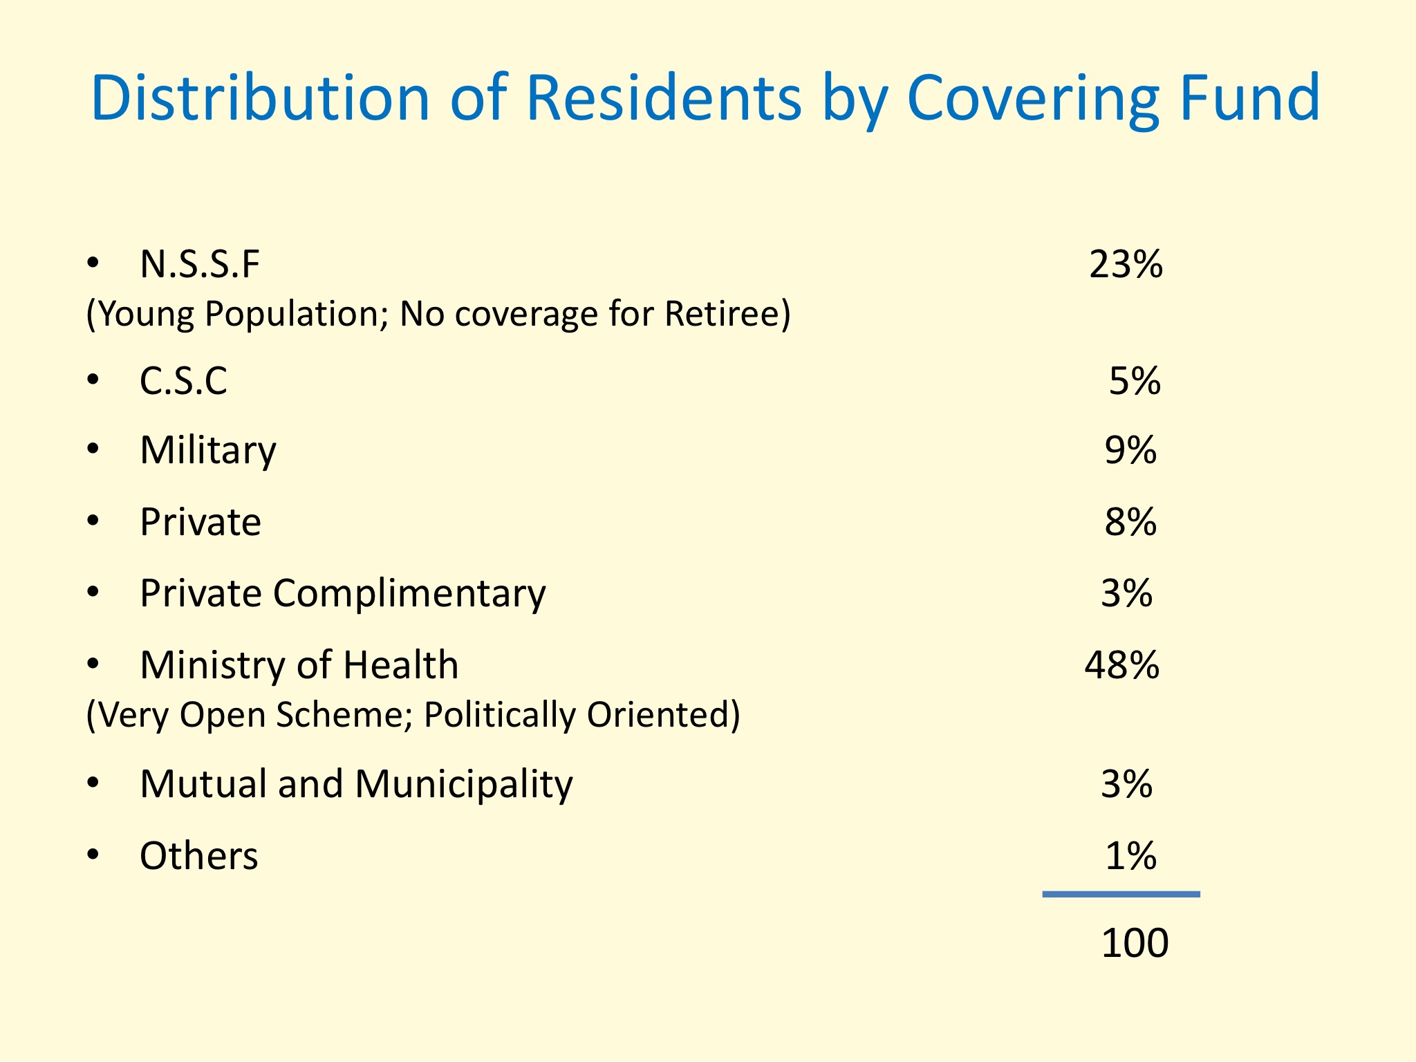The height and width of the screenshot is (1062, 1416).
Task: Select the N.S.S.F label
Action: (200, 264)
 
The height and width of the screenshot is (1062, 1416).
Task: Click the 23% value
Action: (1126, 264)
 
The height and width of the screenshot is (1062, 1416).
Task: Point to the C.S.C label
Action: (183, 381)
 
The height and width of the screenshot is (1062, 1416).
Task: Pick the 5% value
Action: (1135, 381)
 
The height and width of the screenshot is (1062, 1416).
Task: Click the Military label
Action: (207, 451)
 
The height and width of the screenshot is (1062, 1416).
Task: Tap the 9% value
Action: (1130, 450)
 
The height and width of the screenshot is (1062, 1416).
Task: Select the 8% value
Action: (1130, 522)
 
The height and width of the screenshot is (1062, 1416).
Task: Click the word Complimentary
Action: (409, 594)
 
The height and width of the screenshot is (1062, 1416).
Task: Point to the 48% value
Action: (1121, 665)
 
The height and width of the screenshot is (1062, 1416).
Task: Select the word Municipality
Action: (464, 785)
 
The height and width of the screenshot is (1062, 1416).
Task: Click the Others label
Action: (199, 856)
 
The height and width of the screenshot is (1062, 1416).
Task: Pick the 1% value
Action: (1130, 856)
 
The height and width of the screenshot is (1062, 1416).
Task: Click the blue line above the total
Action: (1121, 895)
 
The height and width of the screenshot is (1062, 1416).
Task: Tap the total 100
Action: (1135, 943)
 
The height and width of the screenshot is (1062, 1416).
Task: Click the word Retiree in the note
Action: (727, 314)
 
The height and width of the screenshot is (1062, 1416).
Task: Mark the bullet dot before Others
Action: (93, 856)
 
